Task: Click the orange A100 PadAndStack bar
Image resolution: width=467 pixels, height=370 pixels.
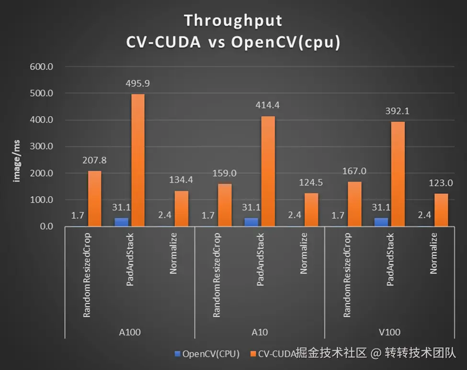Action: point(137,160)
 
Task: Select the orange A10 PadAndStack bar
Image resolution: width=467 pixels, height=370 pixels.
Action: point(268,171)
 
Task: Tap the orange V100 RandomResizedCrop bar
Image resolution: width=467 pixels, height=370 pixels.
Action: point(355,203)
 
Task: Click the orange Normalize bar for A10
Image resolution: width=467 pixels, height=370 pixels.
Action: point(311,210)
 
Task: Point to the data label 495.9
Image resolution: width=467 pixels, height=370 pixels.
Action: point(138,83)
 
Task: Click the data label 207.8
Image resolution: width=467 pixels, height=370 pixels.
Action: point(94,160)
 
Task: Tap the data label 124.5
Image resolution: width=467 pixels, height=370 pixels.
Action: point(311,182)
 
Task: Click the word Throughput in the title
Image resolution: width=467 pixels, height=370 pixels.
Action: point(233,21)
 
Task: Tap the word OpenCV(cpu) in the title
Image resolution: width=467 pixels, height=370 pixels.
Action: point(286,42)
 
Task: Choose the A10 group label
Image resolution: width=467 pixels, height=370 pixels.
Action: point(259,332)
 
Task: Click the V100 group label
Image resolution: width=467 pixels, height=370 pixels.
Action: point(389,332)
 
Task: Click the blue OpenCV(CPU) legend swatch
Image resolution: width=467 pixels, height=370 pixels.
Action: point(177,354)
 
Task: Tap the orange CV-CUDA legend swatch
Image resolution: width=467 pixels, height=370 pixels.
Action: point(252,354)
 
